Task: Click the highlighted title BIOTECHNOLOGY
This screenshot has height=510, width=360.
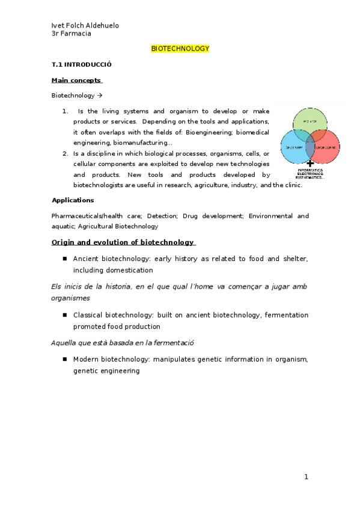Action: (x=180, y=49)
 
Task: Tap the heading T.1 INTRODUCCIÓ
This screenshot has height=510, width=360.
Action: (x=82, y=64)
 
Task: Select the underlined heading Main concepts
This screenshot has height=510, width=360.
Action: (x=76, y=80)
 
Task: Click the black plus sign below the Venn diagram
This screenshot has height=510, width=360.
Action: (x=310, y=163)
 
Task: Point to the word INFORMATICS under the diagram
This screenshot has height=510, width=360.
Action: (x=311, y=170)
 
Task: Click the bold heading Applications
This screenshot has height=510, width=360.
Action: (x=73, y=200)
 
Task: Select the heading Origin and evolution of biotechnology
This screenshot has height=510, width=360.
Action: (x=123, y=242)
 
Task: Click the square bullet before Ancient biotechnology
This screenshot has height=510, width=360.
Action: (x=64, y=259)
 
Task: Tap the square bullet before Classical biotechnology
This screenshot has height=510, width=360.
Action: (x=64, y=315)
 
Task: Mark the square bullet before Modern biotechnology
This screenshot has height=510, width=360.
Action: (x=64, y=360)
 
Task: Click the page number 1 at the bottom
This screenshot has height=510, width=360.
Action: (x=306, y=477)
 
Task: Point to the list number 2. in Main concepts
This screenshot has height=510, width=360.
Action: (x=65, y=153)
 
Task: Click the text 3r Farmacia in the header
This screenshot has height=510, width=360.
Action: (x=72, y=34)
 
